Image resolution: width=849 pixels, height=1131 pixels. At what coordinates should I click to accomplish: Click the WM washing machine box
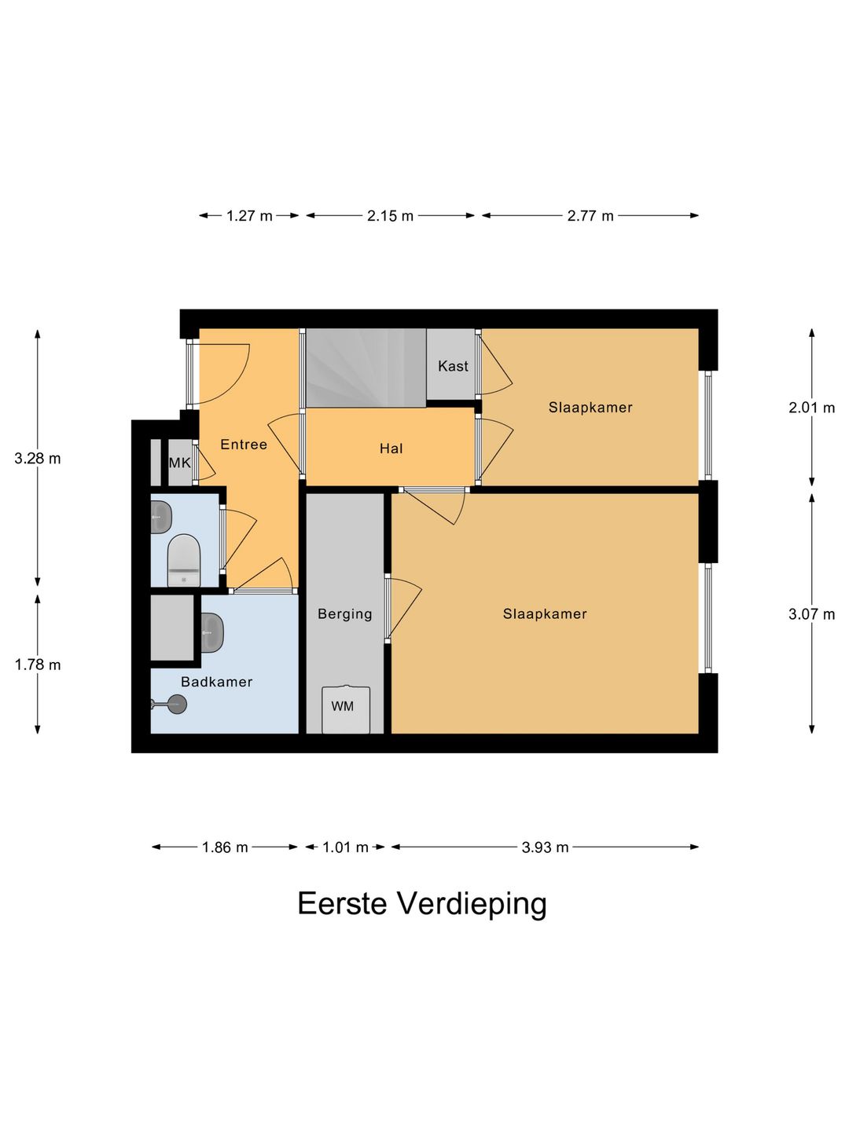coord(345,709)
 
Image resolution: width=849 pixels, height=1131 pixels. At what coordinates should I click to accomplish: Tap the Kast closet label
coord(453,366)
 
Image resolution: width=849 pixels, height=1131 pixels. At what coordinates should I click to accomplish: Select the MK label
coord(180,463)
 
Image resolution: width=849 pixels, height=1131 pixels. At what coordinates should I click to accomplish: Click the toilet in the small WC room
coord(184,560)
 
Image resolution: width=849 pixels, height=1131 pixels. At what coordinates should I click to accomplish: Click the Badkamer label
coord(216,682)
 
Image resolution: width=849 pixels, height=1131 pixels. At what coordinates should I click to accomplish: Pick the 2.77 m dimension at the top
coord(590,216)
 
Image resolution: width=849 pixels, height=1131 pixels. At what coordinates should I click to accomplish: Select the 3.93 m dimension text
coord(545,847)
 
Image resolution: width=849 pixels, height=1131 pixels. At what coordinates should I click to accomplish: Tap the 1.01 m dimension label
coord(345,847)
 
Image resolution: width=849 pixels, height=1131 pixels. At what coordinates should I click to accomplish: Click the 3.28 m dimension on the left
coord(38,459)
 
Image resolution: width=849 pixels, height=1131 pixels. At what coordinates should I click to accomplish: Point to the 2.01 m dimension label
coord(811,408)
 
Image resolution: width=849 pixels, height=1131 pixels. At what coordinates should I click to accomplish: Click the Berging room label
coord(344,614)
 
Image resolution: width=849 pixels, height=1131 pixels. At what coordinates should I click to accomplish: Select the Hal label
coord(391,448)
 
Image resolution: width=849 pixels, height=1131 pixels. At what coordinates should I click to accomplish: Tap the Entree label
coord(244,445)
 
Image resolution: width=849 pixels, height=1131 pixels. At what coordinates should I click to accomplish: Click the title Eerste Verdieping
coord(422,903)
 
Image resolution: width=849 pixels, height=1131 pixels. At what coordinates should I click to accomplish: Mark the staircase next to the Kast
coord(365,368)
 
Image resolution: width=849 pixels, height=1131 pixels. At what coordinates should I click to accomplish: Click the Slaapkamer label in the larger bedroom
coord(545,614)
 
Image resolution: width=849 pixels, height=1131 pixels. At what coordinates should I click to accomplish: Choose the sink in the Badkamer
coord(211,632)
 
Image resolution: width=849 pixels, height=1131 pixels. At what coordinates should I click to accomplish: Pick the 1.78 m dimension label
coord(38,665)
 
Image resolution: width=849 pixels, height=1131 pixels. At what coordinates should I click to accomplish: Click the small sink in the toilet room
coord(161,518)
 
